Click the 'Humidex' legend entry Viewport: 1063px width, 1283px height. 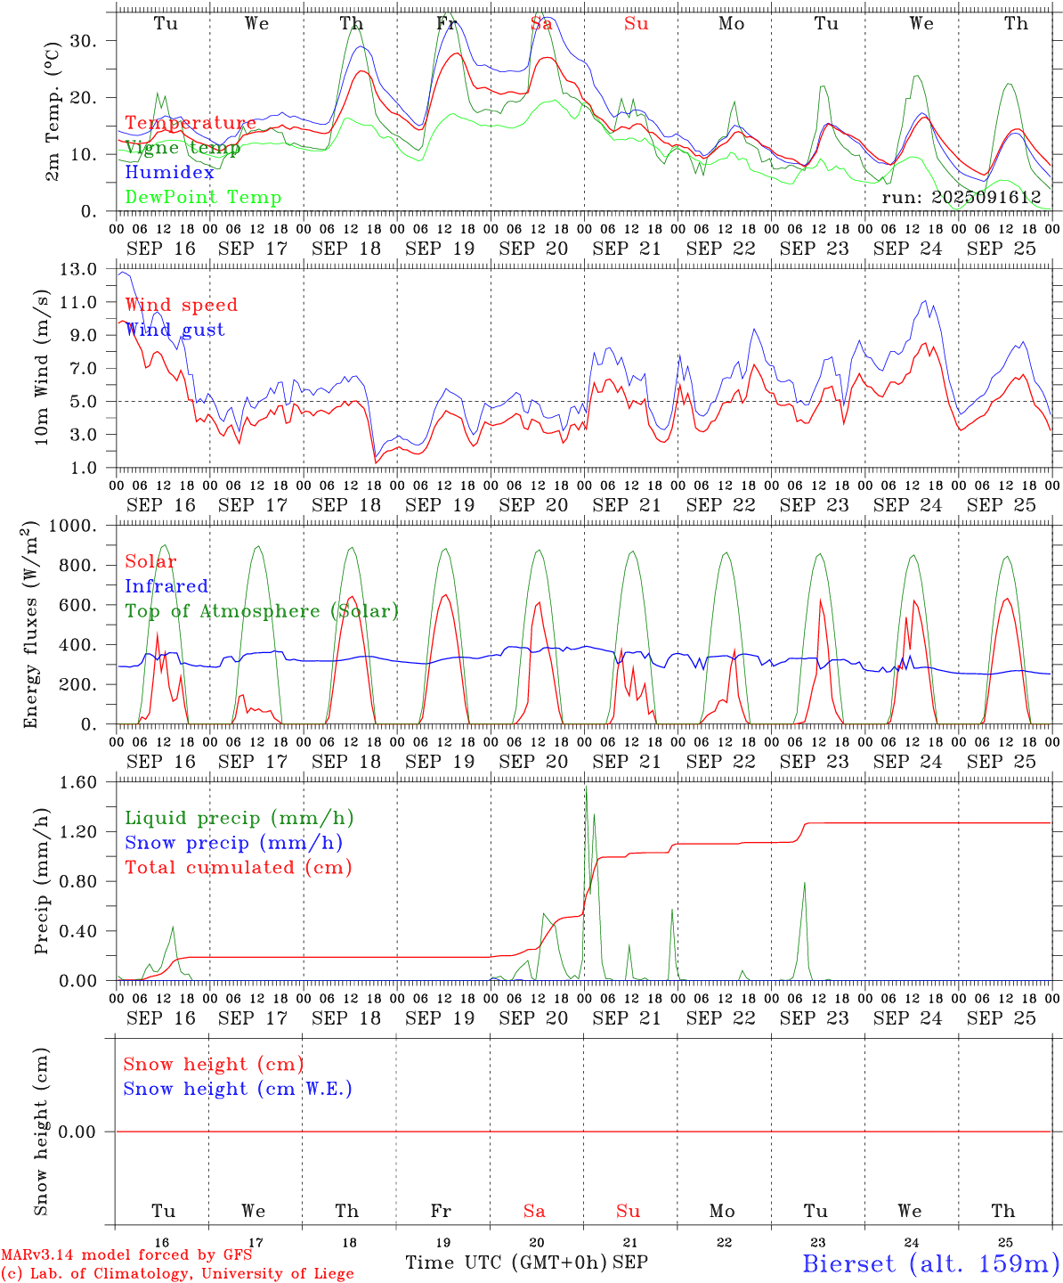tap(169, 173)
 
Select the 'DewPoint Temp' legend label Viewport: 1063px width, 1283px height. tap(203, 198)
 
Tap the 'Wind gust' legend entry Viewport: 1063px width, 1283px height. tap(174, 330)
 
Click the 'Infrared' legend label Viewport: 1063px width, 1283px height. tap(166, 586)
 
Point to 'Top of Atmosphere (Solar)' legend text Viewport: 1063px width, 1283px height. tap(262, 611)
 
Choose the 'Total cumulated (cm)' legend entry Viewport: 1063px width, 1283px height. tap(238, 868)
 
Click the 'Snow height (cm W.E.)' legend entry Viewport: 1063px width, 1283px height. tap(238, 1089)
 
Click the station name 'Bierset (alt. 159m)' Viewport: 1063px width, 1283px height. tap(930, 1263)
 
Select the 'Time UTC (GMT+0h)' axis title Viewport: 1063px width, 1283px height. tap(506, 1263)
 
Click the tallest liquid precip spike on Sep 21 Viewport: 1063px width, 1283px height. tap(586, 787)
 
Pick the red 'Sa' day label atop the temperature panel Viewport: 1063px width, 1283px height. tap(541, 24)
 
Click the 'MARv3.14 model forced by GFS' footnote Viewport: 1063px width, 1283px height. tap(126, 1254)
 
